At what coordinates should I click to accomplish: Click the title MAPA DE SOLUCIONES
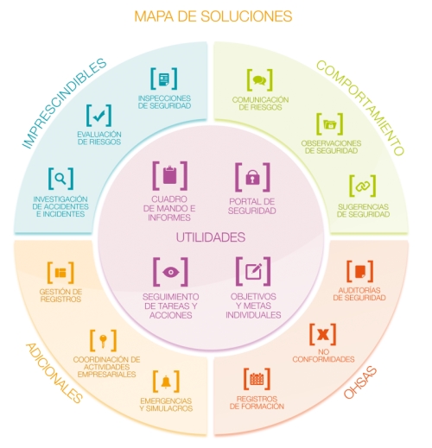[x=213, y=16]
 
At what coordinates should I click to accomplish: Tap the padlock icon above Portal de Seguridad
[x=252, y=177]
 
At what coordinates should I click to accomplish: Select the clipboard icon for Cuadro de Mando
[x=170, y=175]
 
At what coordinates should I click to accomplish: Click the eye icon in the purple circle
[x=170, y=272]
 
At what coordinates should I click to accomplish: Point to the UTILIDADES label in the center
[x=211, y=237]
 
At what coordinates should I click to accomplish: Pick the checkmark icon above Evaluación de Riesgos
[x=98, y=116]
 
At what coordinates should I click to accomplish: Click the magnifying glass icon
[x=60, y=179]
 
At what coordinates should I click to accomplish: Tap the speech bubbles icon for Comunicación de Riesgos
[x=259, y=79]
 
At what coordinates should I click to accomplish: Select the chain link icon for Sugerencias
[x=363, y=186]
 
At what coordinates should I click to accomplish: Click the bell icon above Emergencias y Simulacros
[x=166, y=382]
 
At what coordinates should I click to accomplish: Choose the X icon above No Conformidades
[x=322, y=334]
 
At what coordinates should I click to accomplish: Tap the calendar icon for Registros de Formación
[x=257, y=379]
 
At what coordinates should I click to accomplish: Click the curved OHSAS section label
[x=360, y=382]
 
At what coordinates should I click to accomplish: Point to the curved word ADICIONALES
[x=54, y=373]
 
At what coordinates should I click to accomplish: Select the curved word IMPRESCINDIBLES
[x=64, y=103]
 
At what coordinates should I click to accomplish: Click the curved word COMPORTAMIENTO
[x=360, y=108]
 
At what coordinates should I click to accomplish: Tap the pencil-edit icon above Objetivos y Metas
[x=253, y=271]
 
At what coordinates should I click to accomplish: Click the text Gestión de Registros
[x=60, y=295]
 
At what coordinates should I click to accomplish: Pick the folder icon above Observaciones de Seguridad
[x=330, y=124]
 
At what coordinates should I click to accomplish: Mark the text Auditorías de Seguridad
[x=359, y=293]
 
